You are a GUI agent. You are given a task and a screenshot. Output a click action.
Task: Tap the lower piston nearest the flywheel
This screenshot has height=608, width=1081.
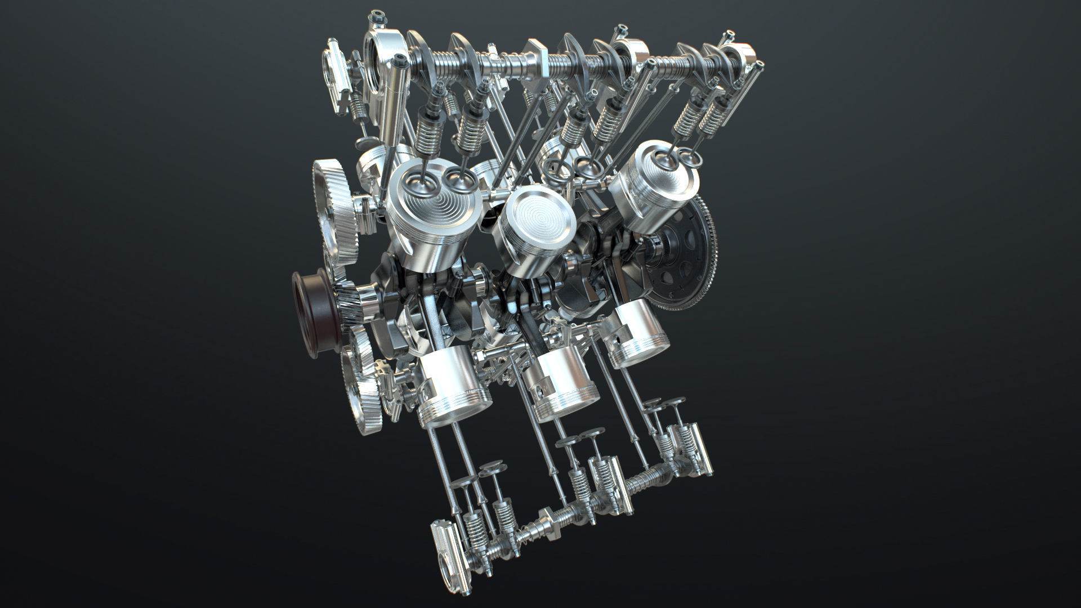639,338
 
